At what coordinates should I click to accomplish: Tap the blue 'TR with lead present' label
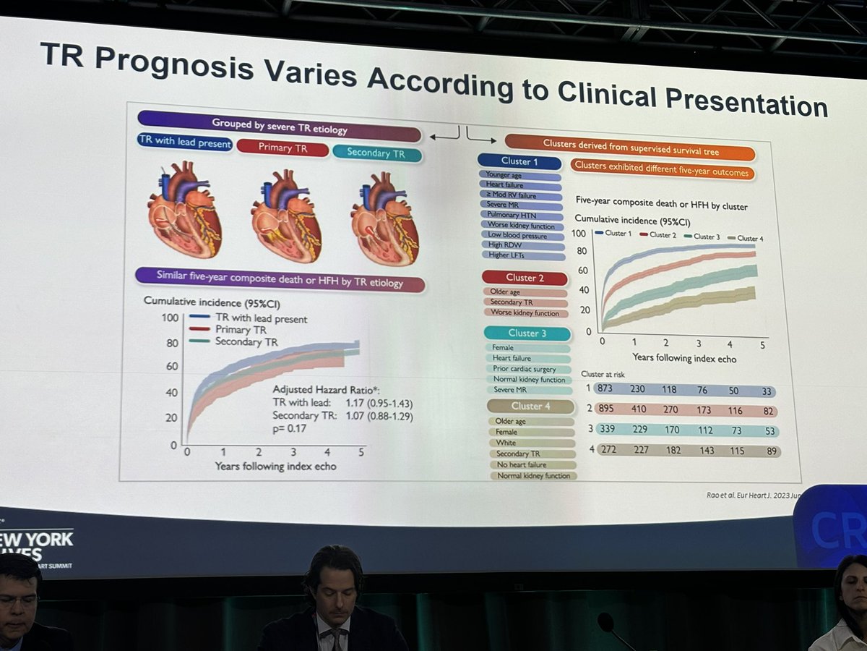pyautogui.click(x=185, y=143)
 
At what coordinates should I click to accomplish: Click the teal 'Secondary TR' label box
pyautogui.click(x=376, y=152)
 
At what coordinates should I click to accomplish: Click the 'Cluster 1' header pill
pyautogui.click(x=519, y=161)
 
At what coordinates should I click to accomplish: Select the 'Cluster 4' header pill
pyautogui.click(x=532, y=406)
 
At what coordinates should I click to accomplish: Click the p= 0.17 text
pyautogui.click(x=289, y=429)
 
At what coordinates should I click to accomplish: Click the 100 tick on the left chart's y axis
pyautogui.click(x=170, y=317)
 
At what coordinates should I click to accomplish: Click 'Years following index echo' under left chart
pyautogui.click(x=275, y=467)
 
